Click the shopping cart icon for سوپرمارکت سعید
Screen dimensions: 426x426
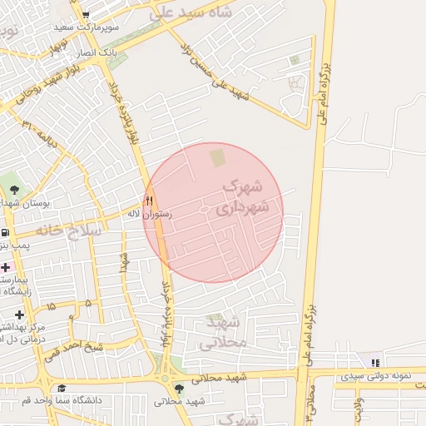[x=86, y=14]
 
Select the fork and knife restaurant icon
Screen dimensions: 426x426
[x=149, y=200]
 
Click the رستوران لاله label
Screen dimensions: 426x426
[x=149, y=214]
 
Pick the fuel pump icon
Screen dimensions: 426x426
[x=5, y=232]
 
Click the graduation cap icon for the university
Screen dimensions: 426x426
[x=62, y=388]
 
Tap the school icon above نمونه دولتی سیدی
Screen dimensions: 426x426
[x=375, y=363]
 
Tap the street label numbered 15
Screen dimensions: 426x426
[x=52, y=307]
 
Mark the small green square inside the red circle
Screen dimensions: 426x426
[x=217, y=157]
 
